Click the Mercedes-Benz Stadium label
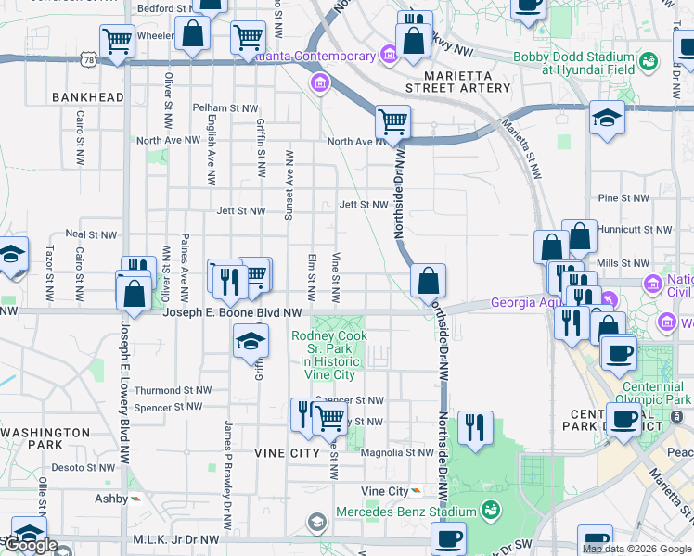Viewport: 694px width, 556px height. (405, 512)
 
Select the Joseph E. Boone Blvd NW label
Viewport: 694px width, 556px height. (233, 314)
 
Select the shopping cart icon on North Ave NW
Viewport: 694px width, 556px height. (393, 121)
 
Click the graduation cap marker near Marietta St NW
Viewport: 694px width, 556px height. (607, 119)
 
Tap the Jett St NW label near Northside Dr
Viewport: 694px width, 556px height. (363, 205)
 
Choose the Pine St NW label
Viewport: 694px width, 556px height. (623, 198)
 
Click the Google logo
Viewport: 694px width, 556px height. (32, 545)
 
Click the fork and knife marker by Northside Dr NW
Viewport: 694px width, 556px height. (474, 428)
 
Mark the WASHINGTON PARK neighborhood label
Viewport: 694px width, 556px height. (45, 438)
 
